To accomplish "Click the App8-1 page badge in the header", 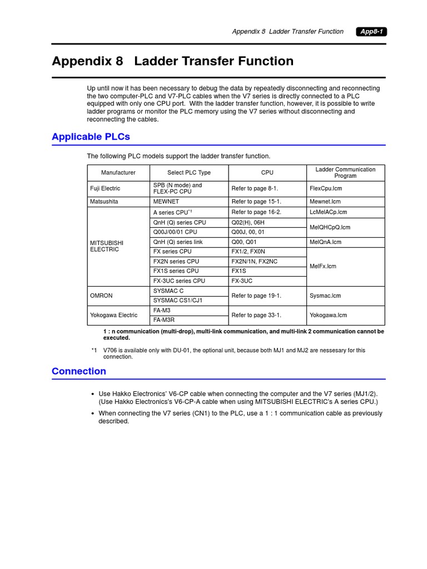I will click(x=371, y=32).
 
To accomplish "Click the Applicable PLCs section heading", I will click(x=91, y=137).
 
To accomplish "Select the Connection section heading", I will click(x=79, y=371).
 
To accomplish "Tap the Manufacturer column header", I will click(x=118, y=173).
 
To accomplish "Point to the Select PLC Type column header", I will click(x=189, y=173).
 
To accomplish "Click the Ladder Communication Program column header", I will click(x=345, y=173).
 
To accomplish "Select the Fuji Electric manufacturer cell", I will click(x=105, y=188).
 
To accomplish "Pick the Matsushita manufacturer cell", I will click(x=104, y=202).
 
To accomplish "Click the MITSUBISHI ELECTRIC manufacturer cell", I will click(x=107, y=246).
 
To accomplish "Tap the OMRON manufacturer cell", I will click(x=101, y=296).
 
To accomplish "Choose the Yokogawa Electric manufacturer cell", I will click(x=113, y=315).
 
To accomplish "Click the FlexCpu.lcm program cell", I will click(x=326, y=188).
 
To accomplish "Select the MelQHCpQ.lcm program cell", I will click(x=330, y=227).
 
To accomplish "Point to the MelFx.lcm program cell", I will click(x=323, y=266).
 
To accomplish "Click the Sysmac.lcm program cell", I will click(x=325, y=296).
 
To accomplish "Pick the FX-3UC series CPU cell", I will click(x=179, y=281).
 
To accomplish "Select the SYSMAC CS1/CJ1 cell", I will click(x=178, y=301).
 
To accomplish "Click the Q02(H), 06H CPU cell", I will click(x=248, y=222).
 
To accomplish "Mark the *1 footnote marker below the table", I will click(x=94, y=350).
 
